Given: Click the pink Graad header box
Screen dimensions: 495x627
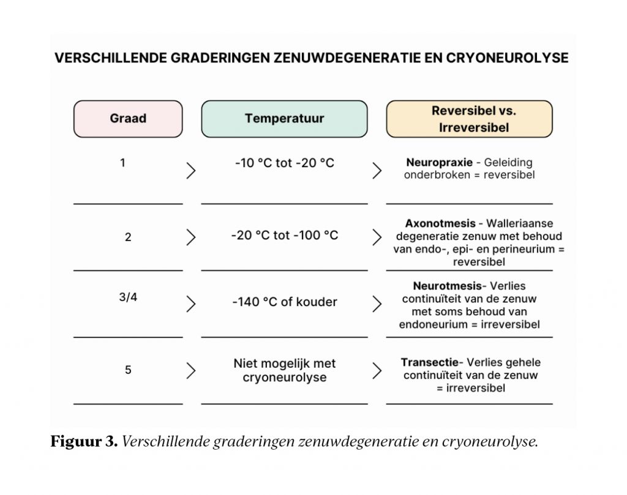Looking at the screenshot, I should pos(128,119).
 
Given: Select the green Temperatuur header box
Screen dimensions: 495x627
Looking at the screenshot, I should pos(284,119).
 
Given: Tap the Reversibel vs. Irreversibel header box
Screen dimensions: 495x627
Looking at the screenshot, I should pos(470,119).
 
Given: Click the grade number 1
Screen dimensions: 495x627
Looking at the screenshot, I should pos(123,163).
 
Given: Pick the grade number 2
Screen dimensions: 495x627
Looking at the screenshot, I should pos(128,237).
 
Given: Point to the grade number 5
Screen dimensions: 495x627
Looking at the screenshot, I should pos(128,370).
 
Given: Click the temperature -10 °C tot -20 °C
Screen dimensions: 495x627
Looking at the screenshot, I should pos(284,163).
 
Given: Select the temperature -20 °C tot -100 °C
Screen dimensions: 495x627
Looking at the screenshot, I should pos(284,236).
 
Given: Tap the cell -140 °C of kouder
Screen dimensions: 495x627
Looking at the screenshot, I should pos(284,302).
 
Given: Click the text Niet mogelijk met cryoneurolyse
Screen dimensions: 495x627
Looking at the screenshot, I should pos(284,370).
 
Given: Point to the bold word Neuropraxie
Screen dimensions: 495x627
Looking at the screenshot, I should pos(439,163).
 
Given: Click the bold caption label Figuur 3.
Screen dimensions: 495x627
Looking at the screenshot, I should pos(84,442).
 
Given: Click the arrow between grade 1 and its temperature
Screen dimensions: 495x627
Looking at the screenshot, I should pos(191,170).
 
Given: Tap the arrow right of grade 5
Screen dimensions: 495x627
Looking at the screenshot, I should pos(191,370).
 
